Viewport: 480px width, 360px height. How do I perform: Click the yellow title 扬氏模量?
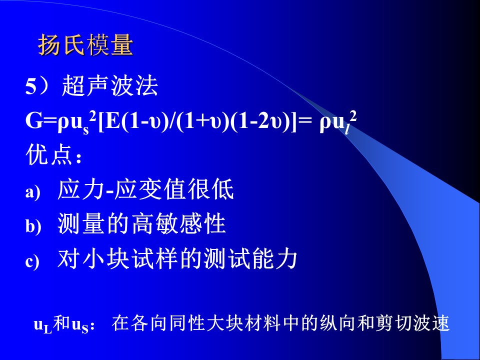(x=85, y=45)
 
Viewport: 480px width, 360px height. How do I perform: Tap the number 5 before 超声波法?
(x=31, y=86)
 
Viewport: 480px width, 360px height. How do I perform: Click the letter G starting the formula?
(x=33, y=122)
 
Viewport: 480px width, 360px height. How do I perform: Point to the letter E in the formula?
(x=113, y=122)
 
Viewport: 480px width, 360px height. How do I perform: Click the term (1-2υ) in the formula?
(x=260, y=122)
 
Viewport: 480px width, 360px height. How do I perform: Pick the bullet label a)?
(x=33, y=192)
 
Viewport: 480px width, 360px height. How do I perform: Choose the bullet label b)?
(x=33, y=226)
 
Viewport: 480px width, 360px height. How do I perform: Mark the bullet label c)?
(x=32, y=261)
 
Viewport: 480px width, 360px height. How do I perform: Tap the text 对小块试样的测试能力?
(x=177, y=259)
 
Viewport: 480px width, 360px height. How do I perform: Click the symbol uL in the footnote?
(x=43, y=325)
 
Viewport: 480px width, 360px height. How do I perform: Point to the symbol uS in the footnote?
(x=80, y=325)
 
